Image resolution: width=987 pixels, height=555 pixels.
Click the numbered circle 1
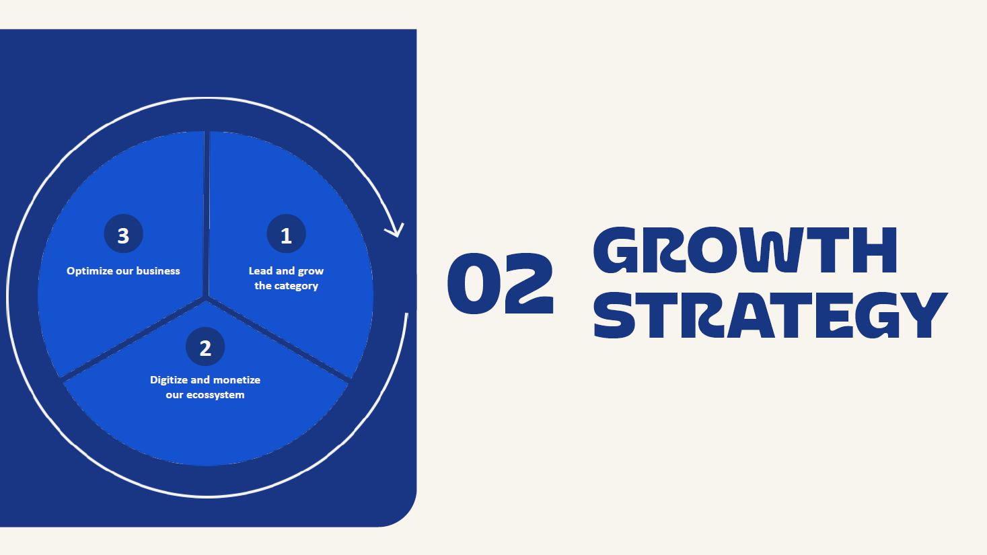click(x=286, y=233)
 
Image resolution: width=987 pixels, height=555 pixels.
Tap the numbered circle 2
click(x=205, y=346)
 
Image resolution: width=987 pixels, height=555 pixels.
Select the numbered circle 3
click(x=123, y=233)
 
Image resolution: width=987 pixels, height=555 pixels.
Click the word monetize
click(x=237, y=379)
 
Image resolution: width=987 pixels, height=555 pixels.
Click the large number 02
click(x=501, y=283)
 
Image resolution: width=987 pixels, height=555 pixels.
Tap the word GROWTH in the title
click(x=745, y=250)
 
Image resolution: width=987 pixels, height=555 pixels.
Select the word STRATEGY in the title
click(x=770, y=315)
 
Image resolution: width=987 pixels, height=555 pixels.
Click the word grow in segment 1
click(x=311, y=271)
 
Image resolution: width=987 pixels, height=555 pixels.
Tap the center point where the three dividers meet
click(x=205, y=298)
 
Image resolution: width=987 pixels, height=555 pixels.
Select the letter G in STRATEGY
click(x=877, y=315)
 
